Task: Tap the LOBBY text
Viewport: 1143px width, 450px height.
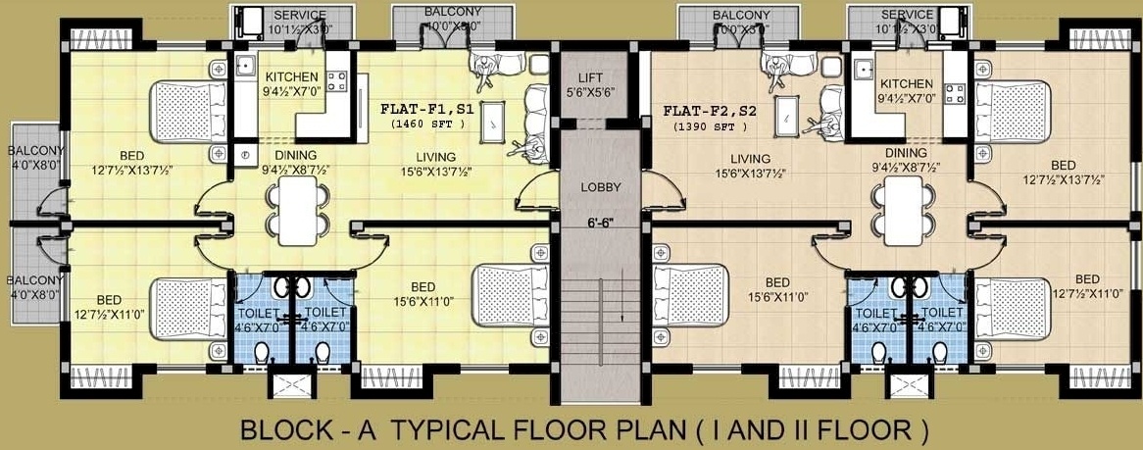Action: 596,187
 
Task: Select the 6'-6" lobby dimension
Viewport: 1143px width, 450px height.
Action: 596,223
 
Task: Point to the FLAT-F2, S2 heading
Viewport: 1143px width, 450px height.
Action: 711,111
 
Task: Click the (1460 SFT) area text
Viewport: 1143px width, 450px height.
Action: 426,125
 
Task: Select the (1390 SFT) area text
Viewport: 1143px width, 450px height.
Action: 711,126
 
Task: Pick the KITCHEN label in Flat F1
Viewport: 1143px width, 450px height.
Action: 291,76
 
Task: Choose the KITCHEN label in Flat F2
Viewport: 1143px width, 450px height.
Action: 906,84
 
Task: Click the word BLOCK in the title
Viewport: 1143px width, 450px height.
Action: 283,429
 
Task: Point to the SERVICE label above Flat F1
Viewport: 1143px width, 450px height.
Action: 300,16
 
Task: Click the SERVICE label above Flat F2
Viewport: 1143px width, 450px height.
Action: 907,15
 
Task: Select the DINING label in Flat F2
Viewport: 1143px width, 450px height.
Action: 905,153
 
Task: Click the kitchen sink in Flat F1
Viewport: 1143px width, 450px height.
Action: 245,68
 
